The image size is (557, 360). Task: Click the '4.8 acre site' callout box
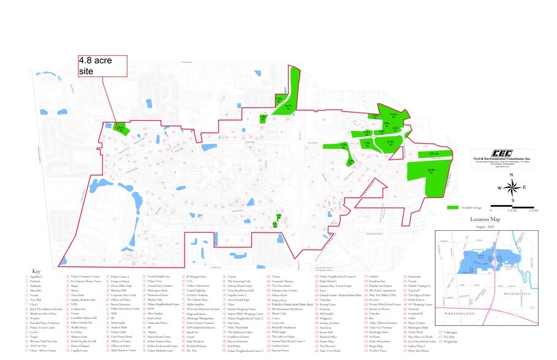pyautogui.click(x=102, y=66)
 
